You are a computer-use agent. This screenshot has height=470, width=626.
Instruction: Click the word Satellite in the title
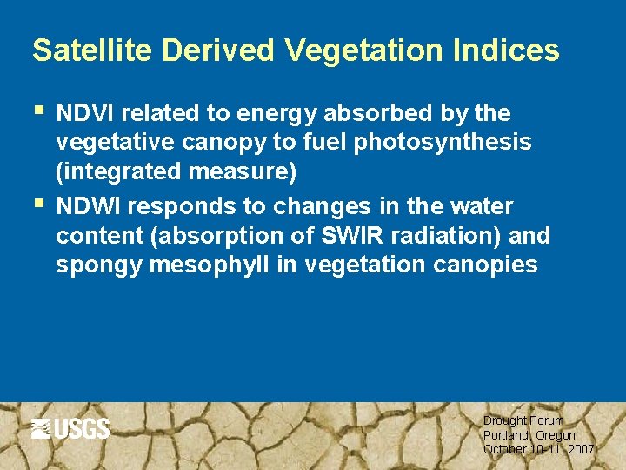[85, 50]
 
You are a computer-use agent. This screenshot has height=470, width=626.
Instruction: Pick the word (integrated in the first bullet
[118, 172]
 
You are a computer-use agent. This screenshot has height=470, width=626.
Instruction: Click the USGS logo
[70, 428]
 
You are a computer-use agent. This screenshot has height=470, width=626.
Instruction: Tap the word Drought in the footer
[503, 420]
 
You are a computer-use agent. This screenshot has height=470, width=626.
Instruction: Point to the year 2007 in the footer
[579, 449]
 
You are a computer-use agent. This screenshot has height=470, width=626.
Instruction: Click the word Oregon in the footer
[556, 434]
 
